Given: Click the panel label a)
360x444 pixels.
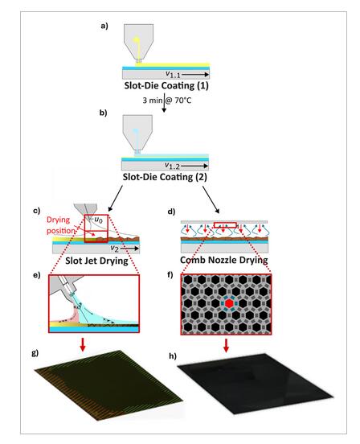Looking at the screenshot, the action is [104, 26].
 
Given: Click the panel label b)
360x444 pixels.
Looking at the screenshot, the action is [103, 113].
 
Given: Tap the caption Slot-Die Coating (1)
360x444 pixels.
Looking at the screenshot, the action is [166, 85].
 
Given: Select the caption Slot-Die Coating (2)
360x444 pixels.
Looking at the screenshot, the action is [165, 177].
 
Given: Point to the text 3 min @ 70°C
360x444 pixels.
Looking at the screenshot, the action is [167, 101].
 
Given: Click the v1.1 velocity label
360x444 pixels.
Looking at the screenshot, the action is [173, 75].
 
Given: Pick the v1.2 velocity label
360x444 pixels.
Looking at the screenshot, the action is [172, 166].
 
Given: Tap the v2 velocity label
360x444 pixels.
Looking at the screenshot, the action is [115, 249].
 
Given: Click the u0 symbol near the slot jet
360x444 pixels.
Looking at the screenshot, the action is [97, 220].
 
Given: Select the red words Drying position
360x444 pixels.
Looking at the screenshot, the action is [60, 225].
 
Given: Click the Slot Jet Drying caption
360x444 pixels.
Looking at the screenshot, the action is [96, 261].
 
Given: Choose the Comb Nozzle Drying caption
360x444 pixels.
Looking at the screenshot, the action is [224, 260].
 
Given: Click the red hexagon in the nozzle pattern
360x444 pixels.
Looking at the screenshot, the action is [228, 303].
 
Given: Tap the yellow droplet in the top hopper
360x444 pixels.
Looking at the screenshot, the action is [137, 39].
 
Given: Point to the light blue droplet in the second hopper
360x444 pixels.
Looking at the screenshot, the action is [136, 131].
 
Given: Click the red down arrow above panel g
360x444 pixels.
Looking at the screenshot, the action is [83, 344].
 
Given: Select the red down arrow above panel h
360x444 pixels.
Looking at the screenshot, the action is [226, 345].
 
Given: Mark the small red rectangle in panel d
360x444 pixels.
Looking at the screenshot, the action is [225, 225].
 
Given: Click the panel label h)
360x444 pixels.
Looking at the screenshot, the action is [173, 356].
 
